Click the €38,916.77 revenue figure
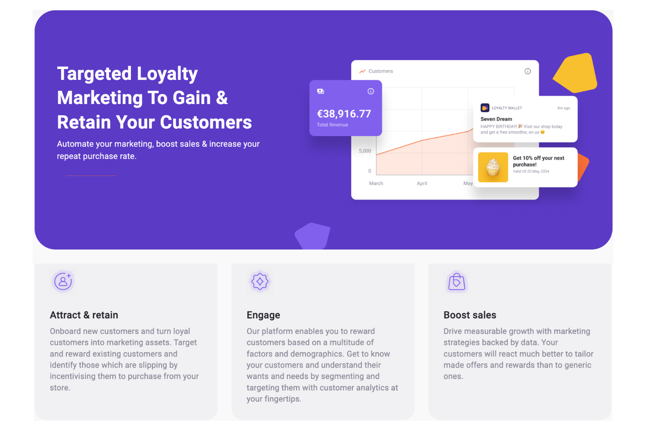[x=344, y=114]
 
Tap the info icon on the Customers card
[x=528, y=71]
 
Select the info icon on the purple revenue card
[x=371, y=91]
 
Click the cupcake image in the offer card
[x=493, y=167]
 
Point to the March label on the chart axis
[x=376, y=183]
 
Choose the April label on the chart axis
[x=422, y=183]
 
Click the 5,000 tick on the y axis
[x=364, y=151]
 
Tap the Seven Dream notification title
[x=496, y=119]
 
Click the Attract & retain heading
[x=84, y=315]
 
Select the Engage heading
[x=263, y=315]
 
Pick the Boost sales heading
[x=470, y=315]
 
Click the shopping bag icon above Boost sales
[x=457, y=282]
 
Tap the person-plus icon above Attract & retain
[x=63, y=281]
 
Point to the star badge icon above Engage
[x=260, y=281]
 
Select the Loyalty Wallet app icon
[x=485, y=108]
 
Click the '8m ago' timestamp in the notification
[x=564, y=108]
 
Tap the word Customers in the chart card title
[x=381, y=71]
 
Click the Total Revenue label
[x=333, y=125]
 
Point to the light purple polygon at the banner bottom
[x=313, y=236]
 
